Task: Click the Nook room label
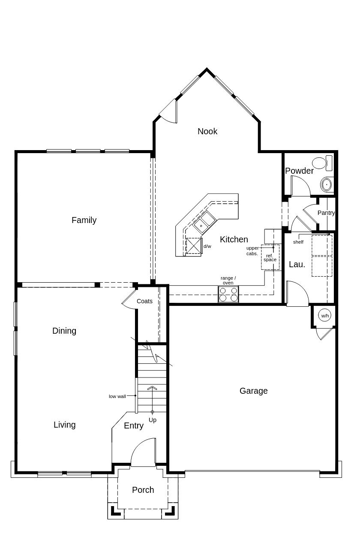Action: tap(207, 132)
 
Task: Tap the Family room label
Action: tap(84, 220)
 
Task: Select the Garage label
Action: tap(253, 391)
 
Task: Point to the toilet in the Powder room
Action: tap(322, 163)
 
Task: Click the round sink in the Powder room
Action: tap(327, 184)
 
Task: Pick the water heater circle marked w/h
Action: tap(325, 316)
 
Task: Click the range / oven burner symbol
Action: tap(228, 294)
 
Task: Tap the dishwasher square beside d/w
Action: tap(194, 246)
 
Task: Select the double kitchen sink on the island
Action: tap(204, 222)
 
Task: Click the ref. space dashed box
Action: tap(270, 257)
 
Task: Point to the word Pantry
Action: tap(326, 213)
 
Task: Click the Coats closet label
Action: tap(144, 301)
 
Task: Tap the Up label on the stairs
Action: tap(153, 420)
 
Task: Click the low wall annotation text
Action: tap(117, 396)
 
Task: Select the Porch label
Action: tap(143, 490)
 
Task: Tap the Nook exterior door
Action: tap(168, 112)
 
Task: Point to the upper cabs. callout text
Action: tap(252, 251)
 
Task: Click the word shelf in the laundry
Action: tap(298, 242)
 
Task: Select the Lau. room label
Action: tap(297, 264)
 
